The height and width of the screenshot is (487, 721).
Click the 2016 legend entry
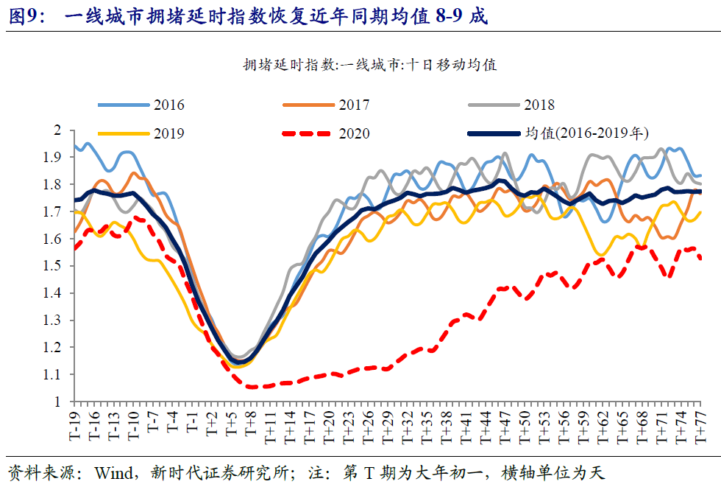coord(168,105)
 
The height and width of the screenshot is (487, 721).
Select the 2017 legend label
coord(354,105)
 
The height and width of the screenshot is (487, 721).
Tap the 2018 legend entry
coord(539,105)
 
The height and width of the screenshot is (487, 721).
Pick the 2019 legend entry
coord(168,133)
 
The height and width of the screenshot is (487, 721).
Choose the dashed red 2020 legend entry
coord(354,133)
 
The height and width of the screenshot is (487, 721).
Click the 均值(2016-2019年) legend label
coord(586,133)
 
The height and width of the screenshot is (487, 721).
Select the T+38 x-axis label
coord(445,427)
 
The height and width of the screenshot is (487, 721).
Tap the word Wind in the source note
coord(114,472)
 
